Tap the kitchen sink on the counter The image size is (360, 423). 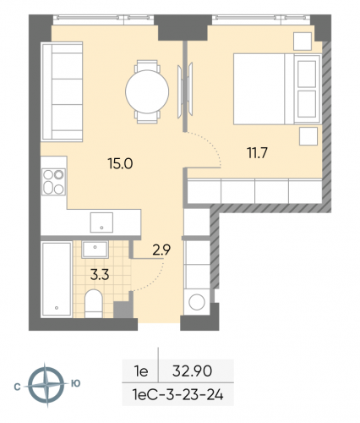(x=102, y=222)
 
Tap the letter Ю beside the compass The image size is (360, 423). (x=76, y=384)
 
